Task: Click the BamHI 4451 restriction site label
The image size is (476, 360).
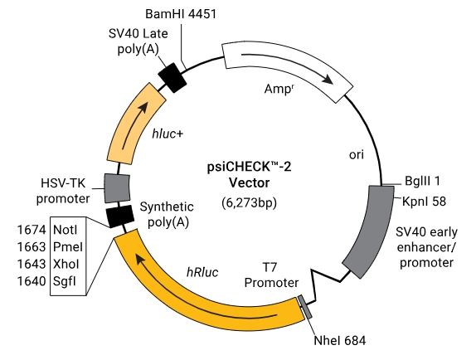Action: [x=181, y=14]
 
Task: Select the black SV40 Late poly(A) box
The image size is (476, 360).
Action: [x=172, y=78]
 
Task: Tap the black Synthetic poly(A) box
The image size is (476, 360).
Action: [x=119, y=216]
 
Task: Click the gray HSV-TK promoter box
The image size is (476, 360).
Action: [x=117, y=188]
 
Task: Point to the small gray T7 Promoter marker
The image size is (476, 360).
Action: [x=305, y=307]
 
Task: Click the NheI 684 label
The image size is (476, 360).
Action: [x=340, y=341]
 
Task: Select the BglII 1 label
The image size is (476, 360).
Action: [x=422, y=181]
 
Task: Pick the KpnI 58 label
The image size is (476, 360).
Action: [x=424, y=202]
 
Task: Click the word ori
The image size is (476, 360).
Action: [x=357, y=155]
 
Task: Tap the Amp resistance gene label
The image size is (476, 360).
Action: [x=279, y=89]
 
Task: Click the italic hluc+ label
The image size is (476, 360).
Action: [x=168, y=134]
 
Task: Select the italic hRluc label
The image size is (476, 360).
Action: [x=202, y=272]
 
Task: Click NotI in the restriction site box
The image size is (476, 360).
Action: [x=65, y=230]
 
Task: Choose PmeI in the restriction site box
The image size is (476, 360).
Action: [x=68, y=247]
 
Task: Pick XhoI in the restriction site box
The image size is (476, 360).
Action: [x=66, y=264]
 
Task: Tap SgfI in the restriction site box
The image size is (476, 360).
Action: [x=65, y=281]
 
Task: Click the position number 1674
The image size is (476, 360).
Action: [x=32, y=230]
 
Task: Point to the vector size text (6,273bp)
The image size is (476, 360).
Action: [x=250, y=202]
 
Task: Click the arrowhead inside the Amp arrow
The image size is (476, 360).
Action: [x=328, y=80]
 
